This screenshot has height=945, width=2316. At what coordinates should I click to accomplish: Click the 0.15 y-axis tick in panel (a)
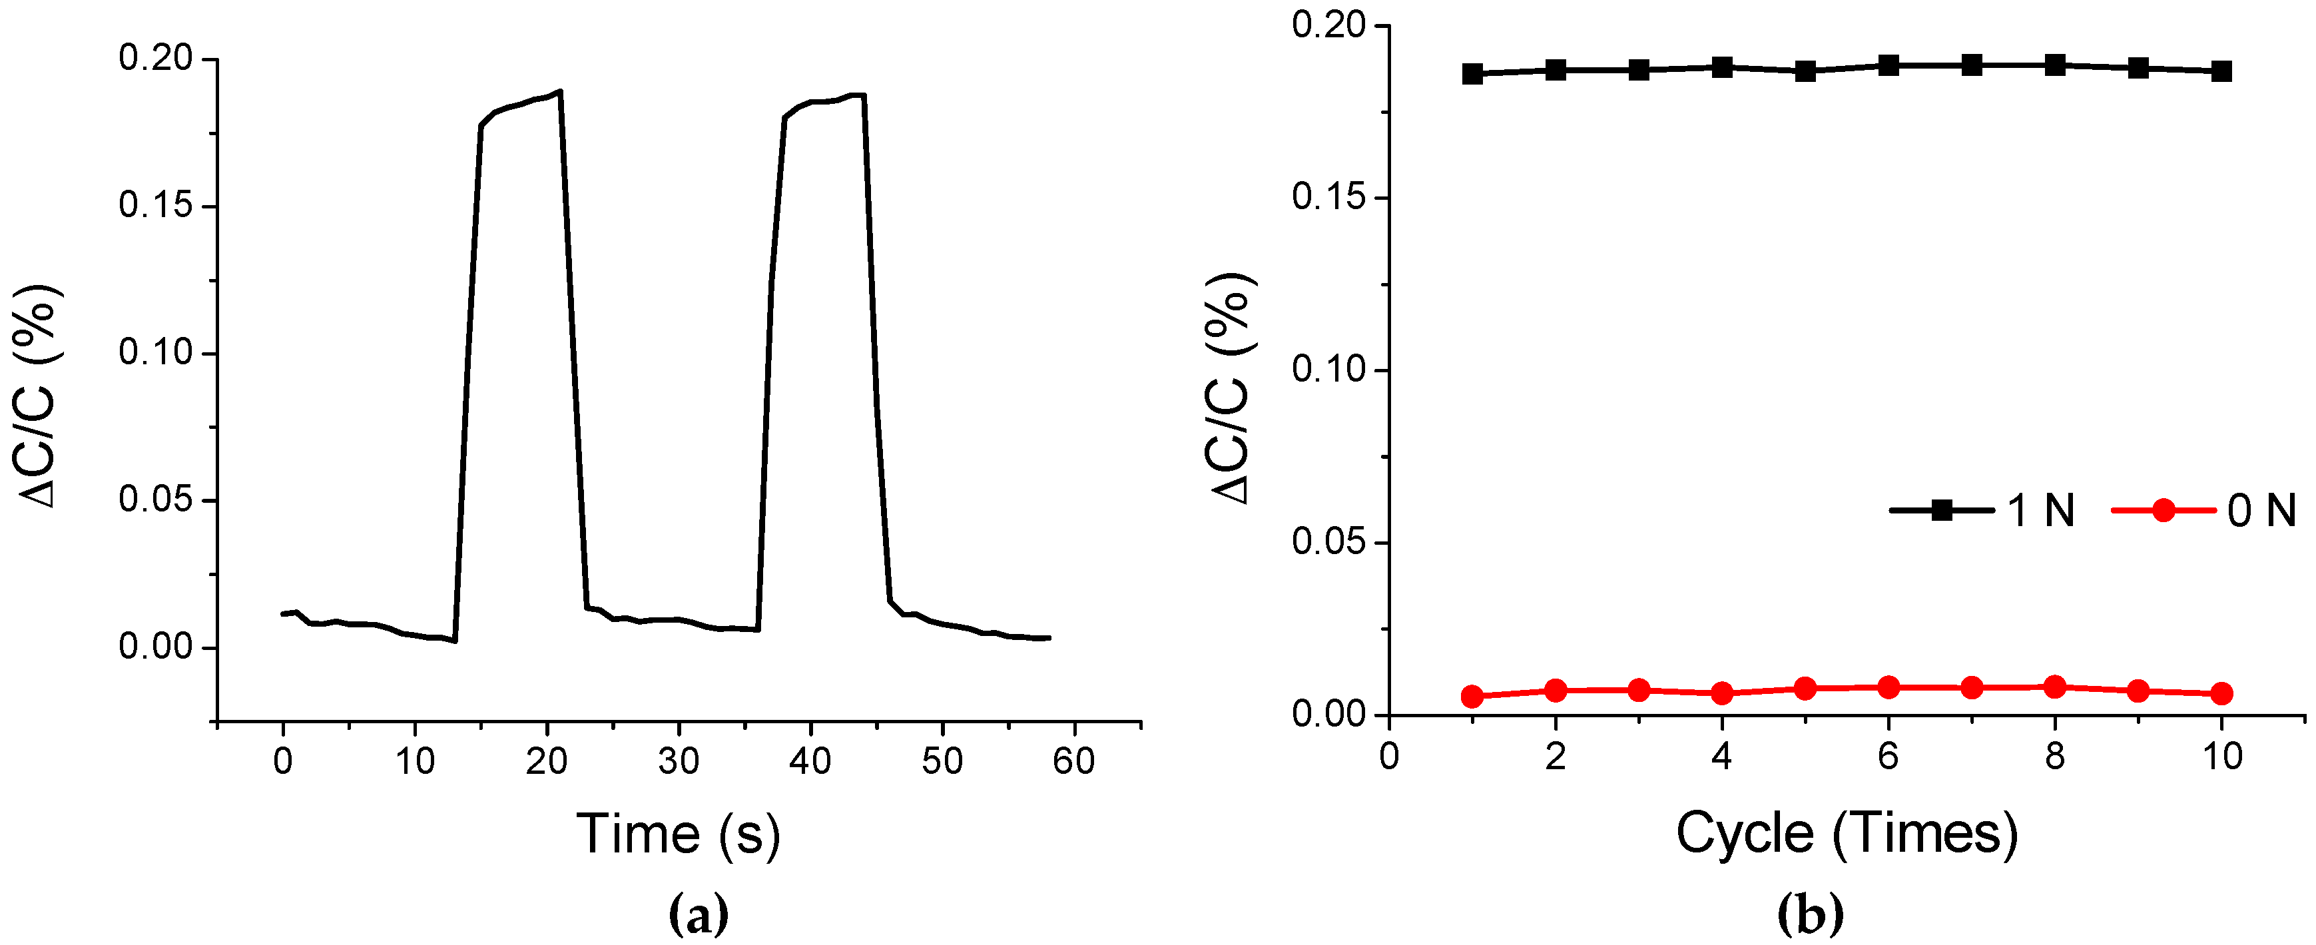pos(156,206)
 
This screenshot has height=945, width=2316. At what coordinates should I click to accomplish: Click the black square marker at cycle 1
pos(1472,74)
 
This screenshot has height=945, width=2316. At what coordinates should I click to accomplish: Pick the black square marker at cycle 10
pos(2221,71)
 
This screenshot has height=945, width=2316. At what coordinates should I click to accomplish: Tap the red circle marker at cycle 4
pos(1722,693)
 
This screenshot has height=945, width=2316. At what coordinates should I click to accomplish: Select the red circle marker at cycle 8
pos(2054,687)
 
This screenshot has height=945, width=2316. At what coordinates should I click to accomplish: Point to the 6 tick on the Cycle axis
pos(1888,756)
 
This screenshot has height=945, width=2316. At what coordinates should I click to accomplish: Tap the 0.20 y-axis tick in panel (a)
pos(156,59)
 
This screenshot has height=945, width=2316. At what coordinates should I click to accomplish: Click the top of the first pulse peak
pos(559,92)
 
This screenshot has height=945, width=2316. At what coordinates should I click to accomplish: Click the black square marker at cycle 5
pos(1805,71)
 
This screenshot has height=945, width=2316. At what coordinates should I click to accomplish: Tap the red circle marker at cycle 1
pos(1472,696)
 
